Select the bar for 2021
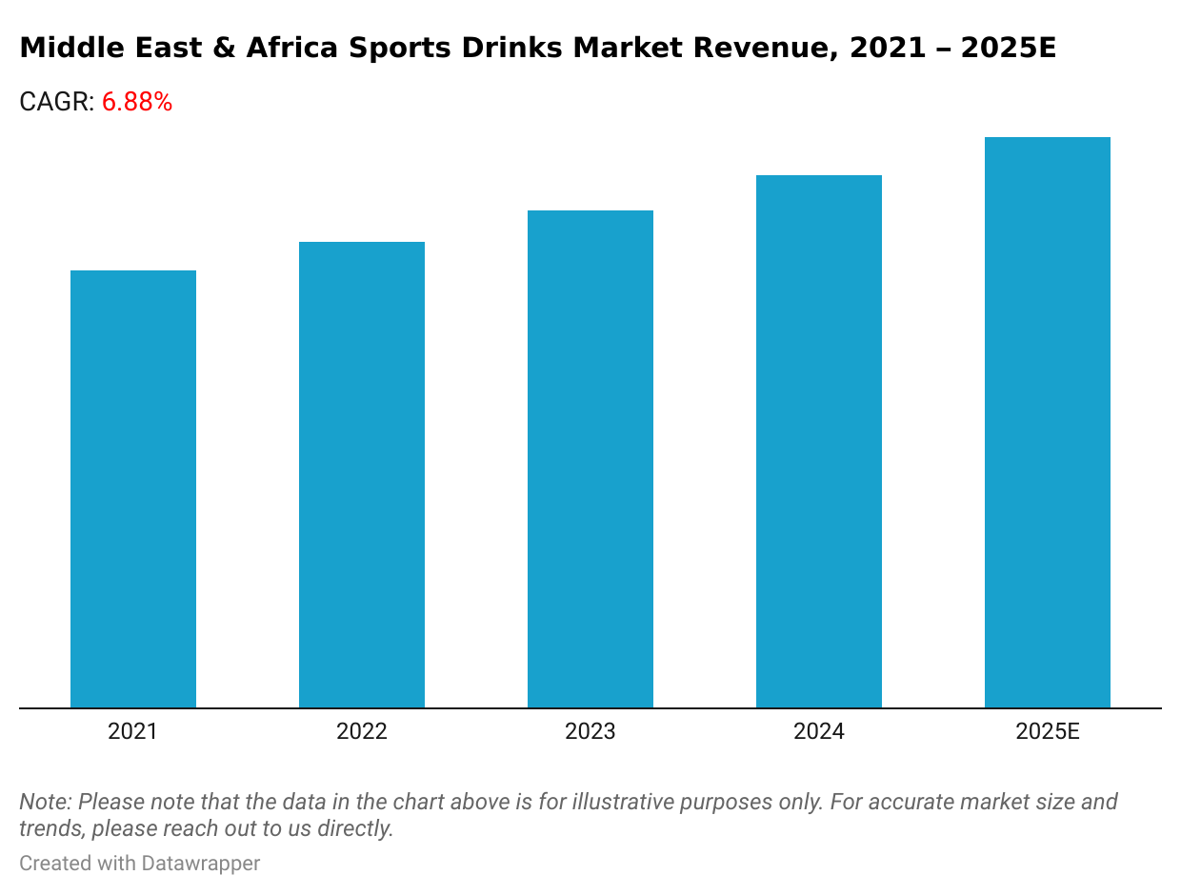click(x=133, y=489)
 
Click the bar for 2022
click(x=362, y=475)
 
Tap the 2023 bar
click(x=590, y=459)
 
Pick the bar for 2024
click(x=819, y=442)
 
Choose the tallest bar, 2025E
click(x=1048, y=423)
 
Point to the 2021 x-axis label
click(x=133, y=731)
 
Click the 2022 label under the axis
click(x=362, y=731)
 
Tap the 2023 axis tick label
click(x=590, y=731)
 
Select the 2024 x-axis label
click(x=819, y=731)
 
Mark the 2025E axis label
click(x=1048, y=731)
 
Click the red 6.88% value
click(x=137, y=103)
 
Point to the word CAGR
click(x=55, y=103)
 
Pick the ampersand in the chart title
click(x=224, y=49)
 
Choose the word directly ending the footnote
click(x=358, y=828)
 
